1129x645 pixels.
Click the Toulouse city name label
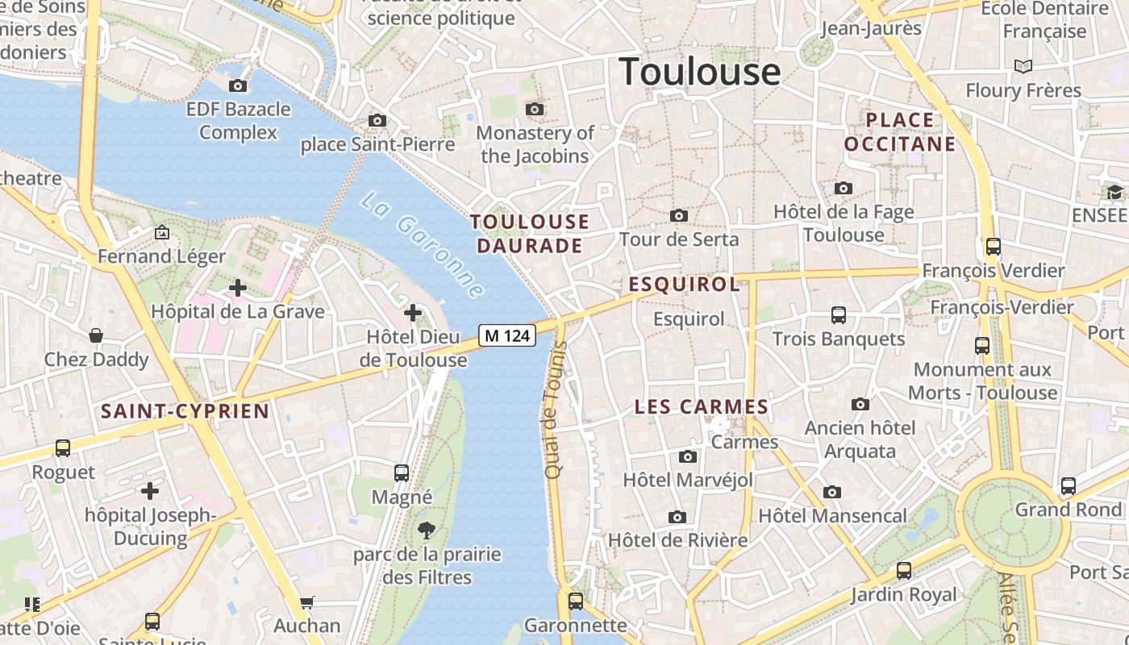(700, 72)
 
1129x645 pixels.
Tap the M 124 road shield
(507, 335)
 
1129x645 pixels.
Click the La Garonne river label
(422, 245)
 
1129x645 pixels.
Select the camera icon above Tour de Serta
(679, 215)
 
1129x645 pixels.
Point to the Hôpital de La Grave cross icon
(238, 287)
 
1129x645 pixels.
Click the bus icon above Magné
(402, 472)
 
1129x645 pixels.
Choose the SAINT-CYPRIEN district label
(185, 411)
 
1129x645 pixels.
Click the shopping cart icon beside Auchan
(306, 601)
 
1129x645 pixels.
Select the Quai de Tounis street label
(553, 410)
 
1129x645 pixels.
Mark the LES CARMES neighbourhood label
(701, 407)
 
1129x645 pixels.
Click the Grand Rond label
(1068, 510)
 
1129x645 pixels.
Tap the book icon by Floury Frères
(1023, 66)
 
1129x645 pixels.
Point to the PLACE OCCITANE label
(899, 132)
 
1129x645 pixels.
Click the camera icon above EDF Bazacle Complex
(238, 85)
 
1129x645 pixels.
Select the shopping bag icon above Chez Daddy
(96, 335)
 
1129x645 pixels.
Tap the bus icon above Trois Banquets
(839, 314)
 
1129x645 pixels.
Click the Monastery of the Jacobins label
(535, 144)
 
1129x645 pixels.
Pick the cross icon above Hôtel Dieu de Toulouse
(413, 312)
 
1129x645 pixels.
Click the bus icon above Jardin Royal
(903, 571)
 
